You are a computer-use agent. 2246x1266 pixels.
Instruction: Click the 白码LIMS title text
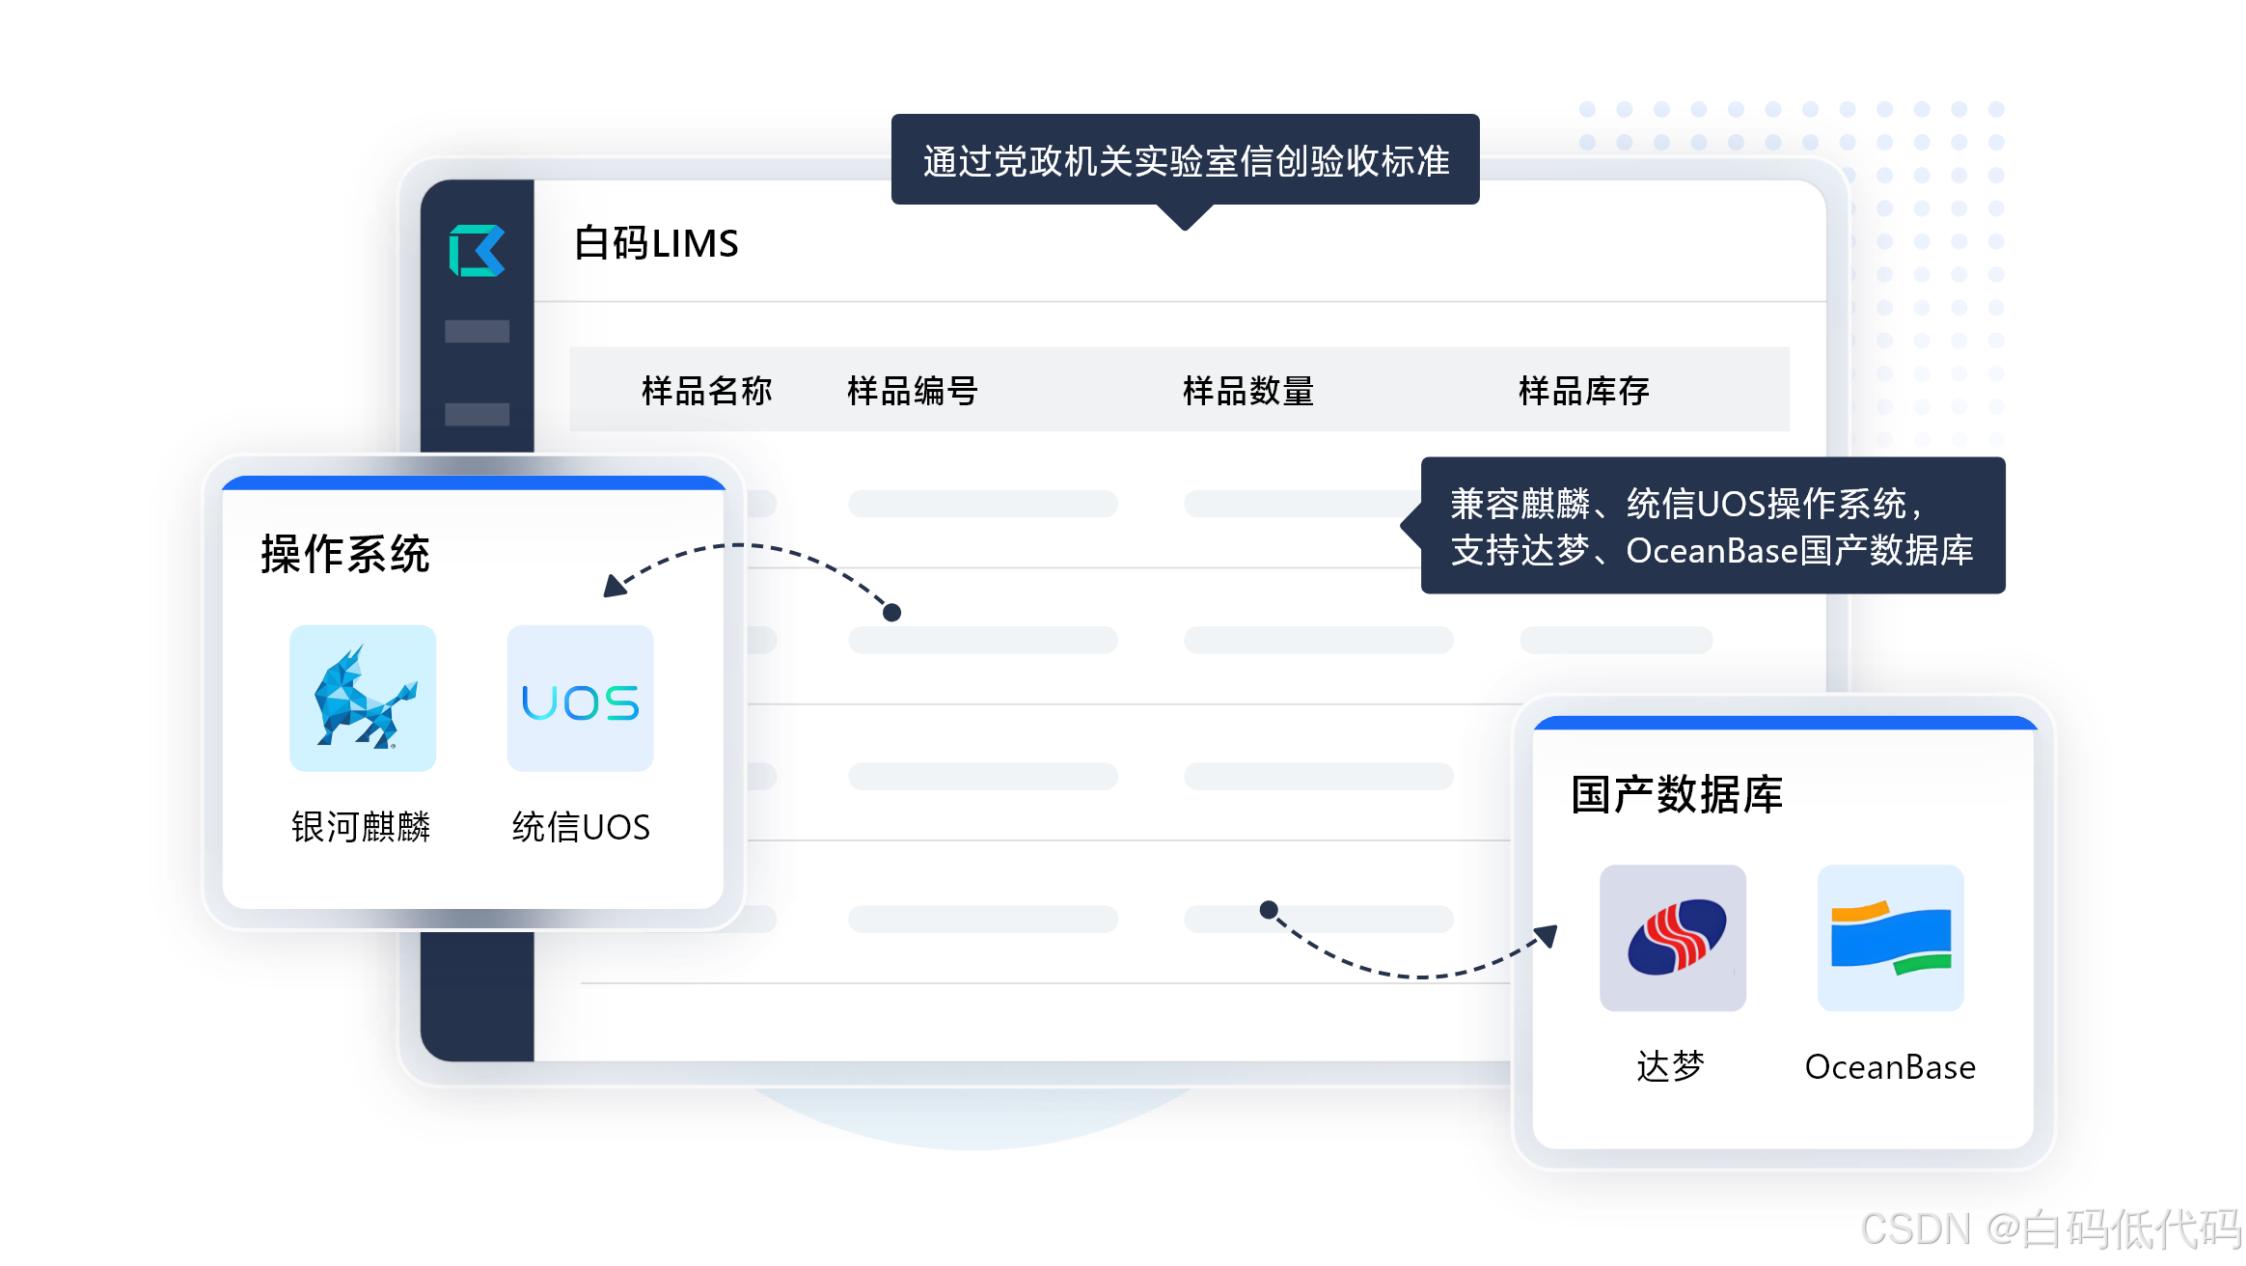656,243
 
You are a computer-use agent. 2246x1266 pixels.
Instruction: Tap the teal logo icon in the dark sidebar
477,251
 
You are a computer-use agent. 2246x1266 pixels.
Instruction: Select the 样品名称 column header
706,391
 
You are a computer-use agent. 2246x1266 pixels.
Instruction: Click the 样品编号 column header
912,391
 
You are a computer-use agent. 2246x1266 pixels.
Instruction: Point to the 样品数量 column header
1247,391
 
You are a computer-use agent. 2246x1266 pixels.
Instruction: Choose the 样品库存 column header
1583,391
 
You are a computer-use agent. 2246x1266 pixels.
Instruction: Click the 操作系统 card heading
344,555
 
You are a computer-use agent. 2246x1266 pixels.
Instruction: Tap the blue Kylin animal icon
363,698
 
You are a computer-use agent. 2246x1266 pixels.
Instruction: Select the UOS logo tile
580,698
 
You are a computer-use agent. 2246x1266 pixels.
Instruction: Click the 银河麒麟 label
361,827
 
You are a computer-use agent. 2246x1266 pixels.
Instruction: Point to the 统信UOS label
580,827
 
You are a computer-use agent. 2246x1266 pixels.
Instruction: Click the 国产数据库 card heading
1676,795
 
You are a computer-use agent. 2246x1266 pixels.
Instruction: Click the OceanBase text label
1890,1067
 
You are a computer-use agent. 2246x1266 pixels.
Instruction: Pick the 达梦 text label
1671,1067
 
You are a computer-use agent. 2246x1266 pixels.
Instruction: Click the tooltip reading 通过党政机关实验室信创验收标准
1185,161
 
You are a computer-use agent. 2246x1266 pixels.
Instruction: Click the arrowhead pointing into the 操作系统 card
614,586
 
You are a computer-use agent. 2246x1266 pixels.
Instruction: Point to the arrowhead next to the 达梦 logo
1547,935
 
